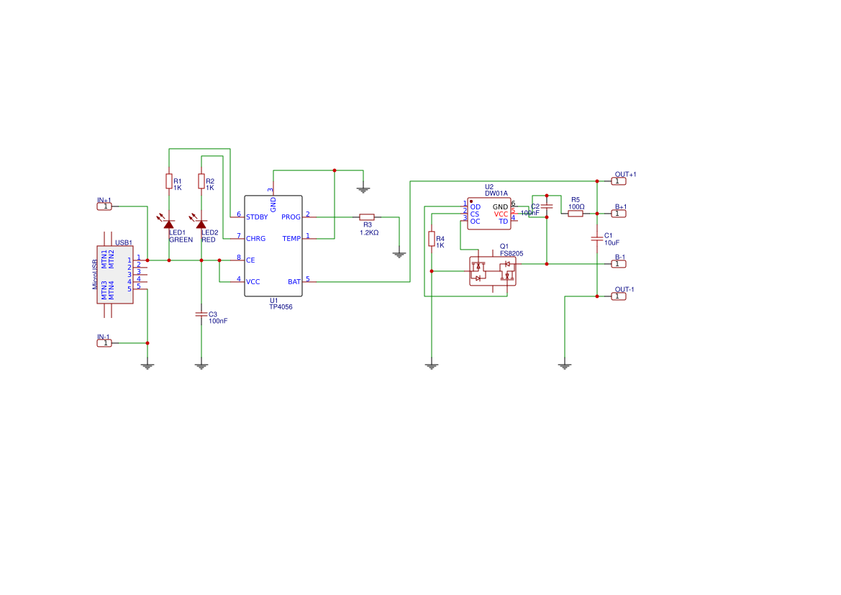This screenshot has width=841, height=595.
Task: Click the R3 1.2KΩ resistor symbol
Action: click(367, 217)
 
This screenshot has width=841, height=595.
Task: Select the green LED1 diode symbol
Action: click(169, 224)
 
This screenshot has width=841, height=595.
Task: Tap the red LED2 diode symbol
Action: click(201, 224)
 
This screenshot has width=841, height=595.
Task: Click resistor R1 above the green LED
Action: click(169, 181)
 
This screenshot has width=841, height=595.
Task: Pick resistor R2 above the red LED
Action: click(201, 181)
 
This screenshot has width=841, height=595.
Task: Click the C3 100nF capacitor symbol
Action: click(201, 314)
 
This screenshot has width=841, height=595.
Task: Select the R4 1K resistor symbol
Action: click(432, 239)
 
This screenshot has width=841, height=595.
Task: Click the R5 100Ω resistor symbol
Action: click(576, 213)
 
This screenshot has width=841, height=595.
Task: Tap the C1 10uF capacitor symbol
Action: click(597, 237)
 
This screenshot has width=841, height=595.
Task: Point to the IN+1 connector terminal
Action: click(105, 206)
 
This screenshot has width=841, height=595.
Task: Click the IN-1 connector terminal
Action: click(105, 343)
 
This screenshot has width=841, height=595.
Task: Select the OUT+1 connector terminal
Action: click(619, 181)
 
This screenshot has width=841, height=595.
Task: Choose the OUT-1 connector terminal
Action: click(619, 296)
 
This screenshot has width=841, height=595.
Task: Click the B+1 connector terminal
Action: click(619, 214)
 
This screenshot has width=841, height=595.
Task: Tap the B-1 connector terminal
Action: click(619, 264)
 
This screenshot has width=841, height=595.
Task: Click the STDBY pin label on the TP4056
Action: click(257, 217)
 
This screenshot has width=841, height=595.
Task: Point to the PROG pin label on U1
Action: click(291, 217)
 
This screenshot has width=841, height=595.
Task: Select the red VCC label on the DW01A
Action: click(501, 214)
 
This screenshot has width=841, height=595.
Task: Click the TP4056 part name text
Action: click(281, 307)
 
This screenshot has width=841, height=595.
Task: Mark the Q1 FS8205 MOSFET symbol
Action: click(492, 271)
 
